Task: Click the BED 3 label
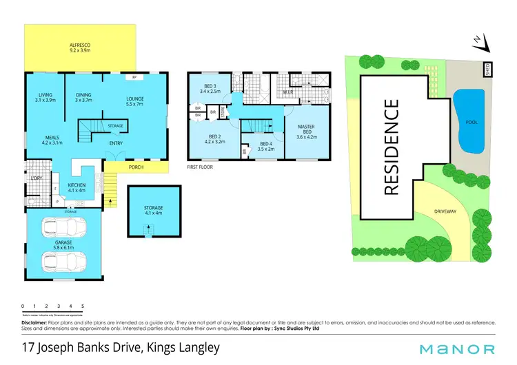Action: click(210, 87)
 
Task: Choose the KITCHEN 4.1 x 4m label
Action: click(76, 188)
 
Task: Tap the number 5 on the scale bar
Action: click(83, 305)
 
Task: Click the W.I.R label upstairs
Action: click(288, 92)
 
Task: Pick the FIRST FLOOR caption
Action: click(201, 167)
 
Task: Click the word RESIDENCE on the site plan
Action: click(392, 147)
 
